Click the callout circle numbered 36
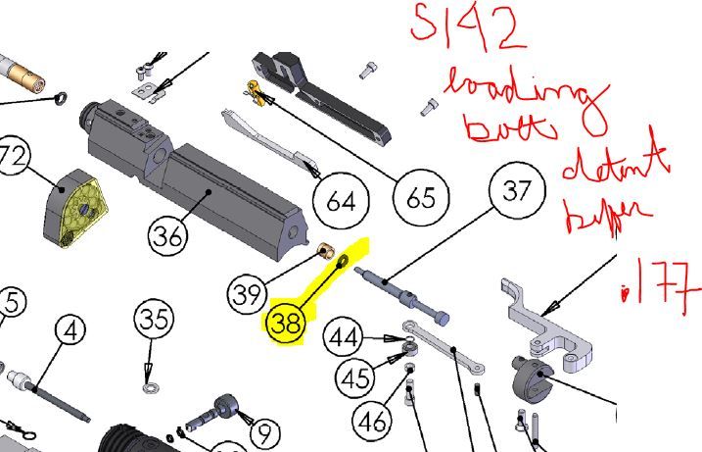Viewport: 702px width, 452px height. tap(168, 235)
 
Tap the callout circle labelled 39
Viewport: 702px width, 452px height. tap(248, 291)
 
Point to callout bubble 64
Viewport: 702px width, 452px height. tap(340, 203)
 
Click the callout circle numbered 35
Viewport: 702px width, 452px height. tap(154, 320)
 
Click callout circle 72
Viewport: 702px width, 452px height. tap(12, 157)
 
